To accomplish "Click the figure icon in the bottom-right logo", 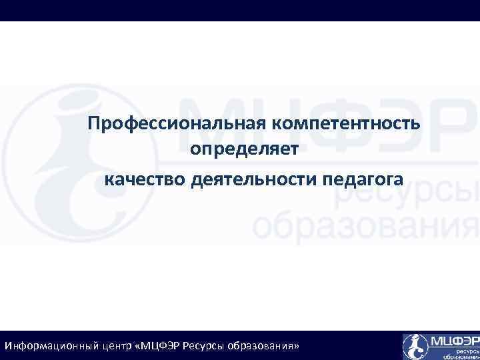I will click(415, 346).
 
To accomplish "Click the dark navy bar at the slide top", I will click(240, 10).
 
